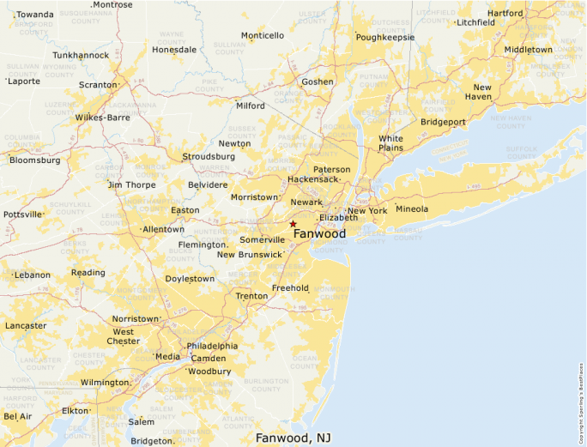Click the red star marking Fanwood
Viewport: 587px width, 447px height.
293,224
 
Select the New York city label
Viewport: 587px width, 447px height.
367,210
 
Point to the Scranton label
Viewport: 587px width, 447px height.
97,85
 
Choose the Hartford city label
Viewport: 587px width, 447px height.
505,14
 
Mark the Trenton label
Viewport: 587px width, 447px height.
251,296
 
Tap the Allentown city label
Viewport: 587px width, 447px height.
163,229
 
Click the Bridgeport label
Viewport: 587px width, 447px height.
443,122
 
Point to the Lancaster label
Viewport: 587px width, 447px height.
26,326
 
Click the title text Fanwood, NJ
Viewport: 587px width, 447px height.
293,438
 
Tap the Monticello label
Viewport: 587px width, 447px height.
262,36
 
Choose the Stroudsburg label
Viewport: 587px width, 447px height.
209,157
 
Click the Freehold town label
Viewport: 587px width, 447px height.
290,288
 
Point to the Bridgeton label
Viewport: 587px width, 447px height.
152,441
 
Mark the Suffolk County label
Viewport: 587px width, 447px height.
521,152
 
